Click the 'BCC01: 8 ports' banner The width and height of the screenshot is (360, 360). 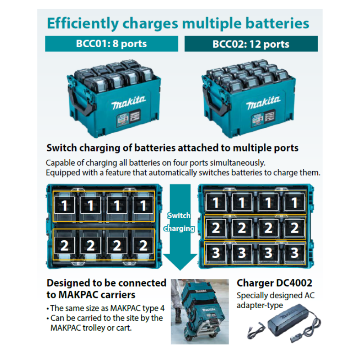click(112, 44)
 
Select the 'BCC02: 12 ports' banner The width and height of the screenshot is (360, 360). click(251, 44)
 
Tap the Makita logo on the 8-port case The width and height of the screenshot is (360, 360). click(129, 103)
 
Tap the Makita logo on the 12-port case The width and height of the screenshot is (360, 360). click(263, 103)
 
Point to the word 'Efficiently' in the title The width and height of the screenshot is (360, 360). click(83, 24)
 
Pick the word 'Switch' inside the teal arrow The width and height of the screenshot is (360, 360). click(179, 216)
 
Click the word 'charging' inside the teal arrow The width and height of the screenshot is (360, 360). click(179, 229)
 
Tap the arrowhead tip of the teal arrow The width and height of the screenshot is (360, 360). click(180, 270)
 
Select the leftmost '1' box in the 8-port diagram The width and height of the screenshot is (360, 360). click(64, 205)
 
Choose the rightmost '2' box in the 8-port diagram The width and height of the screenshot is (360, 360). click(143, 245)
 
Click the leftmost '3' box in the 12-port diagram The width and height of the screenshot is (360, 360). click(216, 252)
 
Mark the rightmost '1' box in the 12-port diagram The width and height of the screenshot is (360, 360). click(295, 202)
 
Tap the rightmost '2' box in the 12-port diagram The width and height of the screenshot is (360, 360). click(295, 228)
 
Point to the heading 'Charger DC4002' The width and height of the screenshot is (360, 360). click(274, 283)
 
